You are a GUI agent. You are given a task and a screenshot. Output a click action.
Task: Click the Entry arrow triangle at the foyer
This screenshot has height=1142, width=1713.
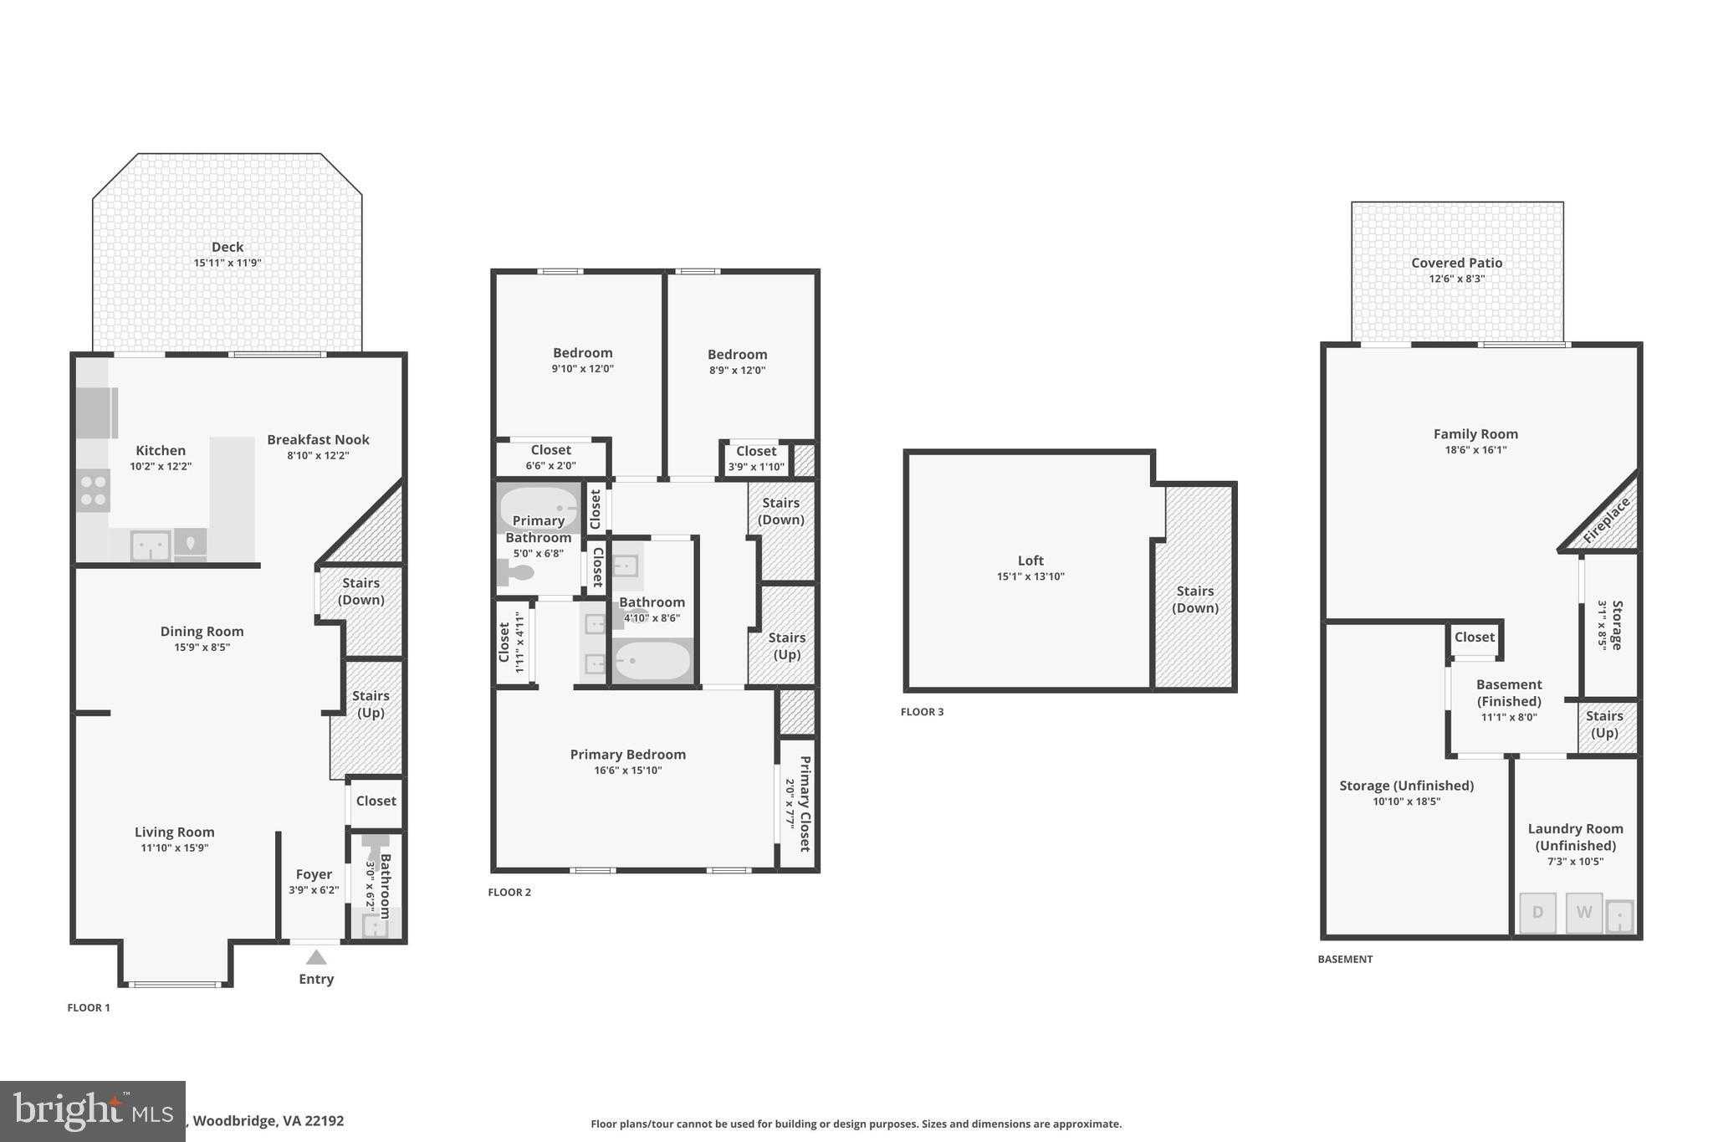(x=316, y=957)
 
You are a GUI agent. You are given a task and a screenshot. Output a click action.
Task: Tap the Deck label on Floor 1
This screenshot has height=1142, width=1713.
(x=228, y=247)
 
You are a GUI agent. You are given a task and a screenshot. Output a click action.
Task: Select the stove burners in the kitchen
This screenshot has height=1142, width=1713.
(x=93, y=491)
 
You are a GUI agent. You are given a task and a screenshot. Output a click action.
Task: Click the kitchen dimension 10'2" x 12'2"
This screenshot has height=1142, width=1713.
(x=161, y=466)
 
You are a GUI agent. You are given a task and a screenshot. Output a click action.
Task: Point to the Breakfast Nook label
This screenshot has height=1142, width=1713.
(x=318, y=439)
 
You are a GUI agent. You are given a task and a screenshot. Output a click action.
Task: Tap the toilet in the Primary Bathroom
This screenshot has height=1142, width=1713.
(x=517, y=573)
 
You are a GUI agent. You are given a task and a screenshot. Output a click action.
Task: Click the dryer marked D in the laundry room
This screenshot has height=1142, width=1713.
(x=1537, y=913)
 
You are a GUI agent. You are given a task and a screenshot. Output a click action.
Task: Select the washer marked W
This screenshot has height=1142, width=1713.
(x=1583, y=913)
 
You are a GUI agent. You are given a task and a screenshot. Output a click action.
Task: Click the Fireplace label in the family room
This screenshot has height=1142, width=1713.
(x=1607, y=520)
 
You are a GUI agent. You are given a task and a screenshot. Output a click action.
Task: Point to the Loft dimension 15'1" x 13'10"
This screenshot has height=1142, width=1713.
(x=1030, y=576)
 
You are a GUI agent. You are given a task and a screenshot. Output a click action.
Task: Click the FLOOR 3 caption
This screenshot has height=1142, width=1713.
(x=922, y=712)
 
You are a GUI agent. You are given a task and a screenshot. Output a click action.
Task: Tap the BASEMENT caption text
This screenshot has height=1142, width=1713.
(x=1345, y=960)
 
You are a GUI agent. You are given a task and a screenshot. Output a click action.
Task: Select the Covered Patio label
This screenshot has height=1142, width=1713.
(x=1457, y=263)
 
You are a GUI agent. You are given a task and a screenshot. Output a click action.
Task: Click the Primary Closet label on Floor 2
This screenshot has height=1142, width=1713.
(x=805, y=803)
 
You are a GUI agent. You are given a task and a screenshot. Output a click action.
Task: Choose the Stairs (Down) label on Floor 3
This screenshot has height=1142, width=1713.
(x=1194, y=599)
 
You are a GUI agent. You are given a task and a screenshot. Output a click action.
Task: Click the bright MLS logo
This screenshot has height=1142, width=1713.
(x=93, y=1111)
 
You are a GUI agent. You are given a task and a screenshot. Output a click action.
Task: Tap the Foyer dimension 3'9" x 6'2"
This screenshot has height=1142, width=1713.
(x=314, y=890)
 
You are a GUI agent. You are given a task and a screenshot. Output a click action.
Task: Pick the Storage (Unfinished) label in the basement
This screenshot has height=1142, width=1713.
(x=1407, y=786)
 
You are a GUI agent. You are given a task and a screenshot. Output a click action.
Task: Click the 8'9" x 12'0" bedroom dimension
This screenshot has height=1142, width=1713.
(x=737, y=370)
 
